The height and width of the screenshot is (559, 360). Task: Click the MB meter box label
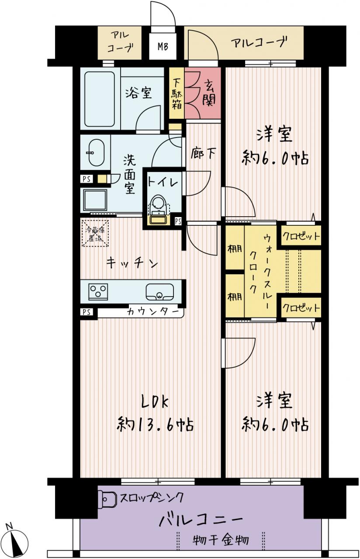[x=163, y=47]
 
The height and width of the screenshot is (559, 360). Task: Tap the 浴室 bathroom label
[x=139, y=93]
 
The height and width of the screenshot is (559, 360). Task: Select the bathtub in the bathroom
[x=100, y=99]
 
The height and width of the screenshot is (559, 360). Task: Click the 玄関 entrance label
[x=209, y=93]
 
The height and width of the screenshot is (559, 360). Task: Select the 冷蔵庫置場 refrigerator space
[x=96, y=233]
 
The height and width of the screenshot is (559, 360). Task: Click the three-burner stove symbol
[x=97, y=291]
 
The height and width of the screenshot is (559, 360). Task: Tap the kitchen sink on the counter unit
[x=160, y=292]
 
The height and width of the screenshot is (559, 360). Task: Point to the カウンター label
[x=153, y=312]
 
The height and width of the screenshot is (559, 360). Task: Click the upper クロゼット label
[x=301, y=235]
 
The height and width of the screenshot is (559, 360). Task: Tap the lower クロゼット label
[x=301, y=308]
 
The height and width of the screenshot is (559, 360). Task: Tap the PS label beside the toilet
[x=178, y=221]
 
